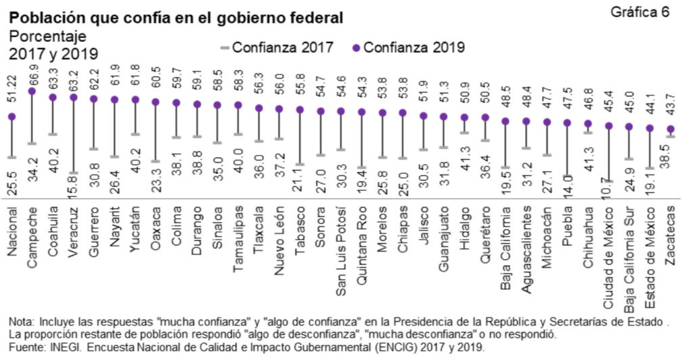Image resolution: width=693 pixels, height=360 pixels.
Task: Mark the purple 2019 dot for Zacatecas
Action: (x=670, y=129)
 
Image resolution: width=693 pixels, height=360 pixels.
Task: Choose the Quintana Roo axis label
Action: (x=361, y=240)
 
